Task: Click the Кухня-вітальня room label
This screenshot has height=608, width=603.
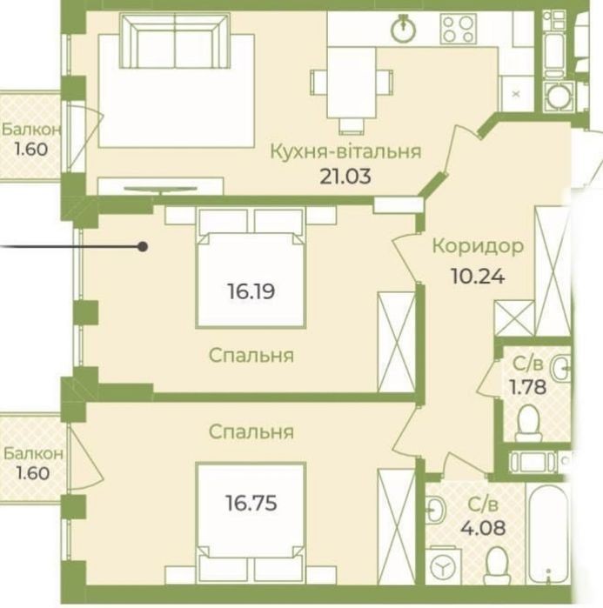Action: (x=345, y=151)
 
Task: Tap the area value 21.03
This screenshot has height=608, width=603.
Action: (x=345, y=176)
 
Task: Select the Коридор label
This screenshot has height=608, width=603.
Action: (x=478, y=246)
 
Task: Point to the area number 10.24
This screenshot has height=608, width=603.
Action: (x=478, y=277)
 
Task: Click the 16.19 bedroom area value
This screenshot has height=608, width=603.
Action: (x=251, y=291)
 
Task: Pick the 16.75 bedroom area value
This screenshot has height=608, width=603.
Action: (x=251, y=503)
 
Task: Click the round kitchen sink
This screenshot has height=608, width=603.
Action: (x=403, y=28)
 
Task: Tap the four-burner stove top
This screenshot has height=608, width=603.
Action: (x=458, y=29)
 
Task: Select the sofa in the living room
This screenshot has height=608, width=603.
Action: (x=175, y=40)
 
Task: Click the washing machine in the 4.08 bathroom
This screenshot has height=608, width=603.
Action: (x=443, y=565)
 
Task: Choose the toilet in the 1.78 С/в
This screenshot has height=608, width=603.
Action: (x=528, y=423)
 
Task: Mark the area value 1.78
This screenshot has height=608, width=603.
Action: (x=528, y=386)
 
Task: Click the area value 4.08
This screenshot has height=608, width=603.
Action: (x=483, y=528)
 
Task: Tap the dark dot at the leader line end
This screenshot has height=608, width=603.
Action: (x=143, y=247)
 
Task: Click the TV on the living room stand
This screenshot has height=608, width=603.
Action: (x=161, y=189)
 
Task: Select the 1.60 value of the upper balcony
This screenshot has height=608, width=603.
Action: (x=30, y=150)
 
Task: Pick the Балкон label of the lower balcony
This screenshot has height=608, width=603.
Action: (x=33, y=453)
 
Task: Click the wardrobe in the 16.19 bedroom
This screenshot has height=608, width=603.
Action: (x=396, y=343)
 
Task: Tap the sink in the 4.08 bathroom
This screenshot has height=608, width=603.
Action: (x=437, y=511)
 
